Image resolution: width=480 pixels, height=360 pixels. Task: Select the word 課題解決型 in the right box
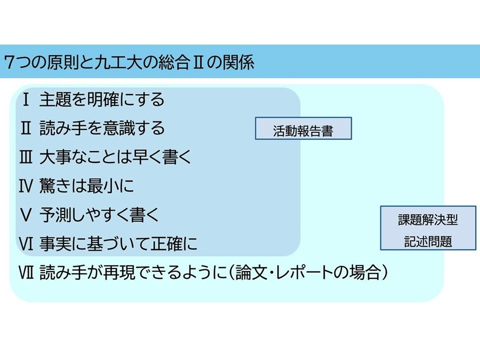pyautogui.click(x=428, y=219)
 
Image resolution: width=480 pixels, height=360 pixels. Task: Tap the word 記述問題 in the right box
pyautogui.click(x=428, y=242)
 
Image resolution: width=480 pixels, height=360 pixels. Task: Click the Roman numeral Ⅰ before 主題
pyautogui.click(x=26, y=100)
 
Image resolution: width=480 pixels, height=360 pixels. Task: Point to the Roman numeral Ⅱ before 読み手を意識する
pyautogui.click(x=26, y=128)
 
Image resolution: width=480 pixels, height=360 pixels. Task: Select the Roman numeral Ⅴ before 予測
pyautogui.click(x=26, y=216)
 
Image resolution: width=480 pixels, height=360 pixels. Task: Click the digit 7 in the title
pyautogui.click(x=9, y=63)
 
